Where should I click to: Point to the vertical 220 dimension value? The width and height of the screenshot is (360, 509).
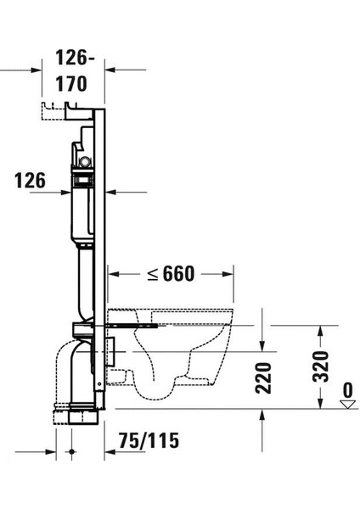point(263,377)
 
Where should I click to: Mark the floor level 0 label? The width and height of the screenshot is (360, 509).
point(346,390)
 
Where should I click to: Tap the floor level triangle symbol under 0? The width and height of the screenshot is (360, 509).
point(346,405)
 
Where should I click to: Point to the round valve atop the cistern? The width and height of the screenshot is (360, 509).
point(83,159)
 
